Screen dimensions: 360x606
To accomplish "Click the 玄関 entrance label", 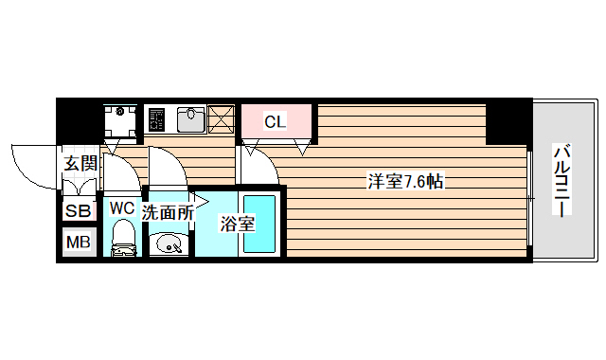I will pyautogui.click(x=80, y=163).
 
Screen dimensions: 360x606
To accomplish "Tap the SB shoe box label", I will pyautogui.click(x=79, y=210).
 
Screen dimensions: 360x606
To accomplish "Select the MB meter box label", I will pyautogui.click(x=79, y=243).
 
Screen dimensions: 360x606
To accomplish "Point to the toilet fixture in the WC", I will pyautogui.click(x=122, y=240).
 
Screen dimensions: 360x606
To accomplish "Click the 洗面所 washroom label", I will pyautogui.click(x=168, y=212).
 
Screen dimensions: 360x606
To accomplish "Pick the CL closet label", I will pyautogui.click(x=275, y=121).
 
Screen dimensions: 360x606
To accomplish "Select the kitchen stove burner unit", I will pyautogui.click(x=158, y=119).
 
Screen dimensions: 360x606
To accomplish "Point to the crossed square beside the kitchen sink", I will pyautogui.click(x=222, y=119).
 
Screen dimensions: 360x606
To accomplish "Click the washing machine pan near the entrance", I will pyautogui.click(x=121, y=120).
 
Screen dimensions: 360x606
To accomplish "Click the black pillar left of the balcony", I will pyautogui.click(x=508, y=120).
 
